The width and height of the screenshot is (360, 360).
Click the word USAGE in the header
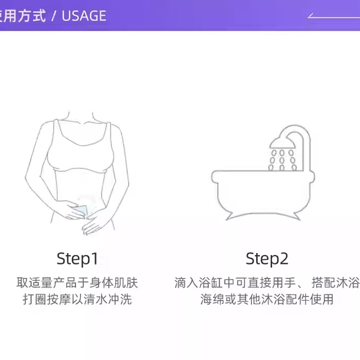[x=84, y=16]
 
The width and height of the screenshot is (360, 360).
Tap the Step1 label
[x=77, y=259]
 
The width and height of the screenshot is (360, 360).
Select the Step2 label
[x=267, y=259]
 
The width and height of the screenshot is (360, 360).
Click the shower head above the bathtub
[x=282, y=143]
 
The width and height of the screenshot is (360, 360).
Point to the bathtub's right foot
[x=296, y=216]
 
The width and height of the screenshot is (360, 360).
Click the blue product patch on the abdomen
[x=81, y=212]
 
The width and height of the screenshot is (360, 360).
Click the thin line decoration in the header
[x=334, y=17]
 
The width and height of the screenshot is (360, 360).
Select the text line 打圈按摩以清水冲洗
[x=77, y=299]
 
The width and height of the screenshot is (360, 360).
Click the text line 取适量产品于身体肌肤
[x=77, y=282]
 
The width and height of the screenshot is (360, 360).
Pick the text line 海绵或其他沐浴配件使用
[x=267, y=299]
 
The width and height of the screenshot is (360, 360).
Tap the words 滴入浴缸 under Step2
[x=198, y=282]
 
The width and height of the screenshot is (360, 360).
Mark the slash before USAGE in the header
[x=54, y=16]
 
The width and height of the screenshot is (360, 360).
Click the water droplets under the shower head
[x=282, y=160]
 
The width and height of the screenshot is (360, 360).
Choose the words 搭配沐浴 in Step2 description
[x=336, y=282]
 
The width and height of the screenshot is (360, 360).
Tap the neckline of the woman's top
[x=82, y=137]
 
